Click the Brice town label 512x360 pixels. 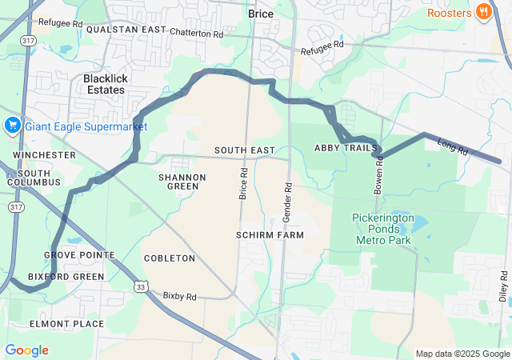tap(261, 14)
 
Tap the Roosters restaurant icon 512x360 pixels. tap(483, 12)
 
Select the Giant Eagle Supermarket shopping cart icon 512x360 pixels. tap(12, 126)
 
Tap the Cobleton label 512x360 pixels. tap(169, 258)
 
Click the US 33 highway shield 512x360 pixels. tap(141, 286)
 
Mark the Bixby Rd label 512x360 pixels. tap(179, 296)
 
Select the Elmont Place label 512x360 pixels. tap(66, 324)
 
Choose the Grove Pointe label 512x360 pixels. tap(79, 255)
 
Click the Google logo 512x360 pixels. tap(26, 350)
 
